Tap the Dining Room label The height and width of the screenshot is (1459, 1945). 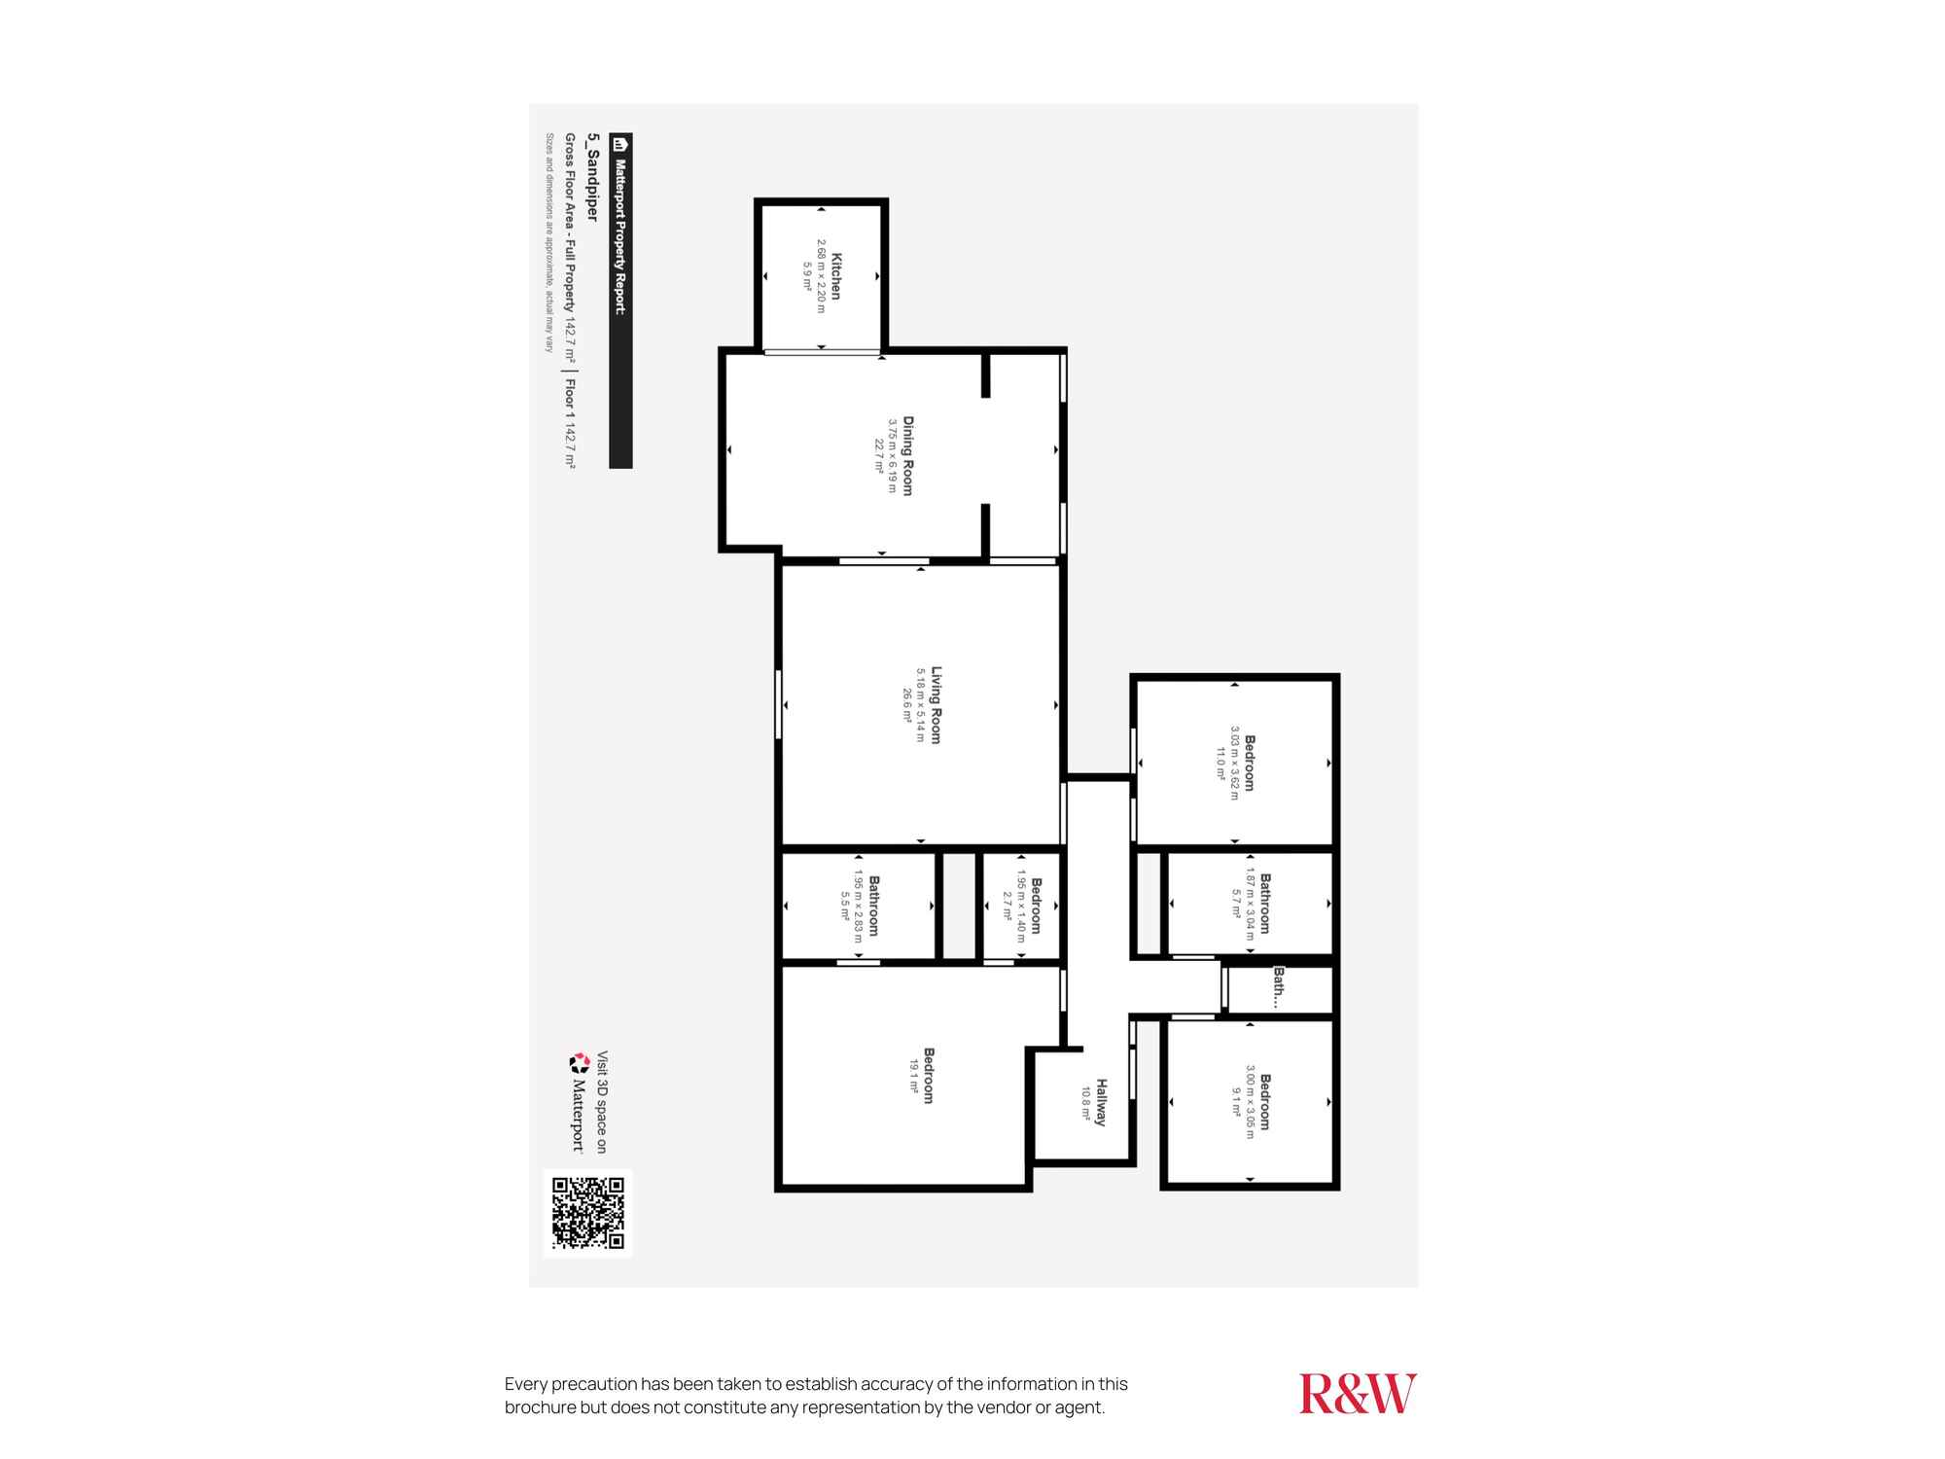[x=908, y=455]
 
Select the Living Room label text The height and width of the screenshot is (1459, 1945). [x=937, y=705]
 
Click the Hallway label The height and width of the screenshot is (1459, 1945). [x=1101, y=1102]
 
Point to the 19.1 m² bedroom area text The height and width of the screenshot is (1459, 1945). [x=914, y=1077]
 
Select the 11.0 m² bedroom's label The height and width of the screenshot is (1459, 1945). [x=1249, y=764]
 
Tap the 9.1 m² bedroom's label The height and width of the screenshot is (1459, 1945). [x=1264, y=1102]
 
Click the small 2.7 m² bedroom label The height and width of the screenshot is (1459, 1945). [x=1036, y=906]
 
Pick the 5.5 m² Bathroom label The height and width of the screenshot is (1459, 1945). [x=873, y=906]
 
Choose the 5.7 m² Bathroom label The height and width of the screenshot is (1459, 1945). [x=1265, y=904]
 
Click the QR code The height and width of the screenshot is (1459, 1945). [x=587, y=1212]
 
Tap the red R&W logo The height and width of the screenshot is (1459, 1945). [x=1358, y=1394]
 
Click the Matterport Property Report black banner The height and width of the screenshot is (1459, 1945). [x=620, y=301]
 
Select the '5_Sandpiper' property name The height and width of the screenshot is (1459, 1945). [x=591, y=178]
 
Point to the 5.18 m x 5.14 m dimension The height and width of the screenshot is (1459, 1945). [x=920, y=705]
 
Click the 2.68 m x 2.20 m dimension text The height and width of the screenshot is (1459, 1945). [x=821, y=276]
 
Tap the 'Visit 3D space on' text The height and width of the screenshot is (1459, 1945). [x=602, y=1102]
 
